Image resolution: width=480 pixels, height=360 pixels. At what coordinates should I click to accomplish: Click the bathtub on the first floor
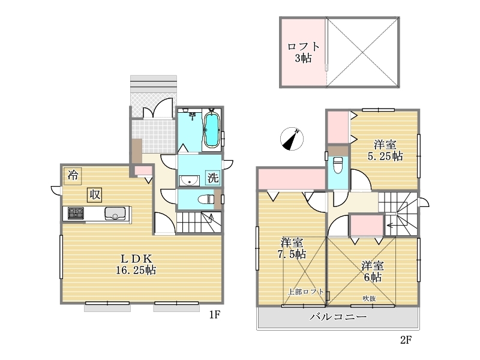click(212, 130)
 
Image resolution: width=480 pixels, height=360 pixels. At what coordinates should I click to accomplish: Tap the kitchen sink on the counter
click(115, 214)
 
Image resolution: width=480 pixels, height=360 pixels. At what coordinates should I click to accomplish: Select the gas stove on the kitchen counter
click(76, 213)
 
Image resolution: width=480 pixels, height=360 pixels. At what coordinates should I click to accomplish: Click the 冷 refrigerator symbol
click(73, 176)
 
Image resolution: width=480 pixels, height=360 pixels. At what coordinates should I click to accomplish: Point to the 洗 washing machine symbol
click(213, 178)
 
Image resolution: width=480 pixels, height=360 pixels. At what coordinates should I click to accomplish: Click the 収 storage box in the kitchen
click(95, 194)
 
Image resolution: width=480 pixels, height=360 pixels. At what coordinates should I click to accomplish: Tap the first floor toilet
click(206, 200)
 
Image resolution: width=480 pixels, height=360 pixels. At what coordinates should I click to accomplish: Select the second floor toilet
click(338, 165)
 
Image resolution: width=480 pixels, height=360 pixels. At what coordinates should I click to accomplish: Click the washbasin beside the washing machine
click(189, 181)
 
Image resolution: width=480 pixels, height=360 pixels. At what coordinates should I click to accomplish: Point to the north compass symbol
click(292, 139)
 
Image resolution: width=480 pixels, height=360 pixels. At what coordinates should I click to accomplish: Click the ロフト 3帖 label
click(304, 52)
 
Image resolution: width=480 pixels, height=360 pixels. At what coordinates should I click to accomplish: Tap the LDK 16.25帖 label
click(136, 265)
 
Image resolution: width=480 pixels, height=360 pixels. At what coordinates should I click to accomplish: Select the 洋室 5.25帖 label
click(385, 151)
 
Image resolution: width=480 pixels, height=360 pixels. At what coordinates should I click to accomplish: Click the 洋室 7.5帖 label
click(292, 248)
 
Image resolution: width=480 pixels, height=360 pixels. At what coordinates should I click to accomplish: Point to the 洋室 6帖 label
click(373, 271)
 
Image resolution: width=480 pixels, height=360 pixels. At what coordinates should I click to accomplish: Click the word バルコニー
click(338, 317)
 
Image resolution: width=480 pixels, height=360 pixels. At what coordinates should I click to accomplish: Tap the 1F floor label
click(215, 314)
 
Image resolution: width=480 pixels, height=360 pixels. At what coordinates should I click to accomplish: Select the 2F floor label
click(406, 340)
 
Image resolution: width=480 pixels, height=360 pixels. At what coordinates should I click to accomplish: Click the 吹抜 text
click(369, 298)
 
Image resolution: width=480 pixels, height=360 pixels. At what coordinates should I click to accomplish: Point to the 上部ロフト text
click(306, 292)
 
